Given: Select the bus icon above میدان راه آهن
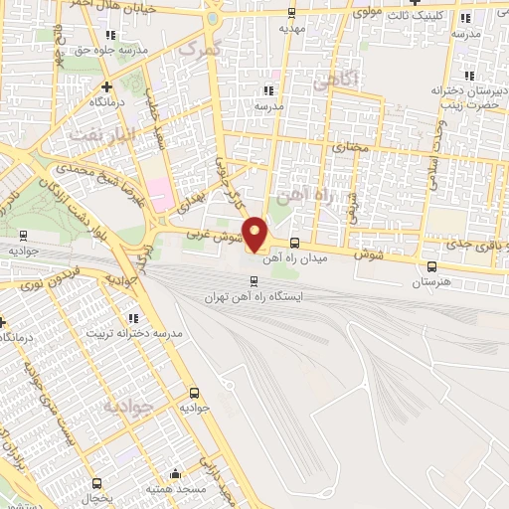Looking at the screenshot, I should coord(293,244).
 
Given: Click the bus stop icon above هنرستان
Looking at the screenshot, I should coord(431,266).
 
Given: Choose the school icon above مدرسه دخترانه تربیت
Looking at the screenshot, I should coord(132,318).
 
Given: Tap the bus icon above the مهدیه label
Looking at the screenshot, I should coord(290,13).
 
